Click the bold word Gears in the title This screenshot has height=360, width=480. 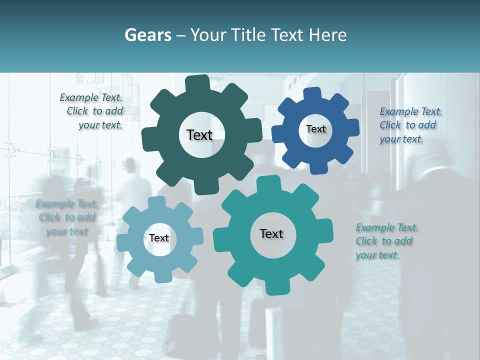click(x=147, y=35)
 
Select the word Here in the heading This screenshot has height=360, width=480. click(x=328, y=35)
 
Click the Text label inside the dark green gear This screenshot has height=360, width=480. click(x=199, y=135)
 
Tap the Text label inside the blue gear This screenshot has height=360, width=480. click(x=315, y=129)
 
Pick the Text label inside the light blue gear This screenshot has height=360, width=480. click(x=159, y=238)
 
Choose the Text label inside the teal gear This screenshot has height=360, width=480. click(x=271, y=234)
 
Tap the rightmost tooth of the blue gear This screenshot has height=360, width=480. click(x=352, y=127)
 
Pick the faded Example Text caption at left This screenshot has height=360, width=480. click(x=66, y=217)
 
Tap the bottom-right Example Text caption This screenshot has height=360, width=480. click(x=386, y=241)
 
